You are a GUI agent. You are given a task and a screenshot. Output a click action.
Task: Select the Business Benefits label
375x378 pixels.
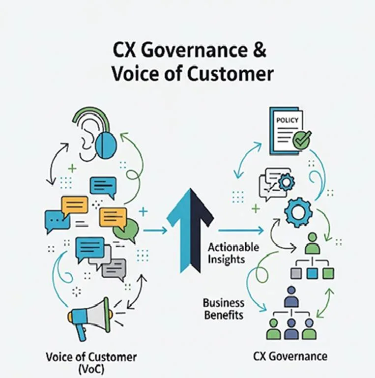point(223,308)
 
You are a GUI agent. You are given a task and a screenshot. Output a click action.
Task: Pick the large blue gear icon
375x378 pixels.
point(298,212)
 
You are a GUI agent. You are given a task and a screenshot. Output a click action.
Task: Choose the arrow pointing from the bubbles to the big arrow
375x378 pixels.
point(154,230)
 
